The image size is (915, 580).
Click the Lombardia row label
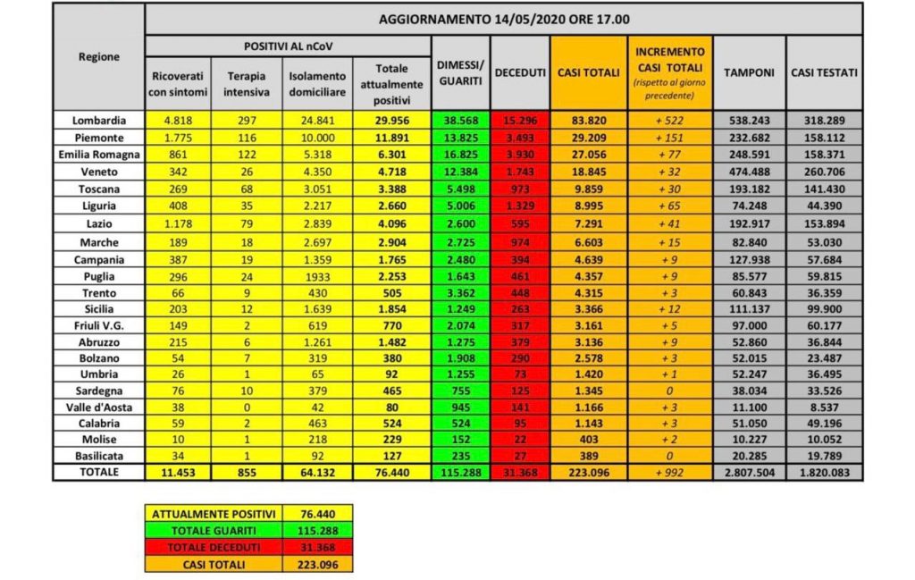pos(98,120)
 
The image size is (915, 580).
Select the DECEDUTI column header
pos(520,72)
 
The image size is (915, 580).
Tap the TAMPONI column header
pos(749,72)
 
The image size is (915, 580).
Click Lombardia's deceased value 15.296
pos(520,120)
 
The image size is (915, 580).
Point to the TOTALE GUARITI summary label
pos(213,530)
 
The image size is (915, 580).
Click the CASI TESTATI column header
pos(824,72)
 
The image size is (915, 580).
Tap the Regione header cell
pos(98,57)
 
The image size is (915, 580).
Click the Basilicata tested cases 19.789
pos(824,456)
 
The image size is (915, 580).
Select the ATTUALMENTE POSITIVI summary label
pos(213,514)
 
